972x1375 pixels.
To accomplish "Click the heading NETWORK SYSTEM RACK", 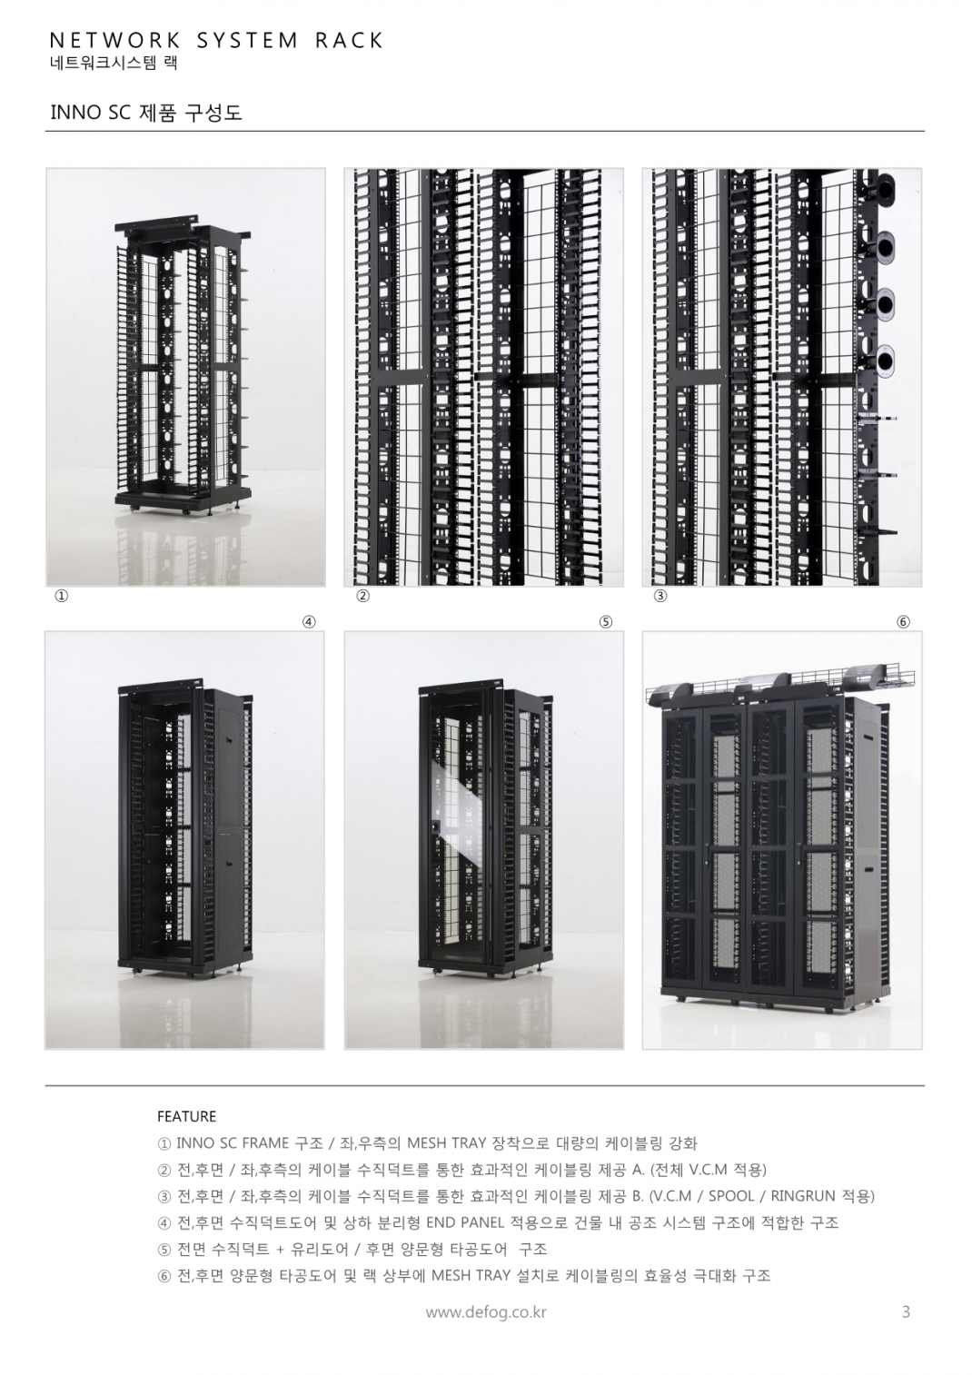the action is (x=216, y=41).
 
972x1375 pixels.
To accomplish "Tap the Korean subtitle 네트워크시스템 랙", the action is (x=114, y=64).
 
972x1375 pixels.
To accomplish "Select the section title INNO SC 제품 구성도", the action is (x=146, y=113).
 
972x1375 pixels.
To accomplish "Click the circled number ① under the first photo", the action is (x=62, y=596).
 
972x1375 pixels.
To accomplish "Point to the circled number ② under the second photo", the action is (x=362, y=596).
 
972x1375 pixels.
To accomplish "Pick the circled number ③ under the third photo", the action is (x=660, y=596).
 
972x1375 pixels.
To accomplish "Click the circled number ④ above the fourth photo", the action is (x=309, y=622).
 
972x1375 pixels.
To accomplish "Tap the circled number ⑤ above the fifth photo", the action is (x=606, y=622).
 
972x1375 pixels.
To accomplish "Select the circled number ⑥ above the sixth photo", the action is (x=903, y=622).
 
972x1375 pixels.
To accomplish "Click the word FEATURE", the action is (x=186, y=1116).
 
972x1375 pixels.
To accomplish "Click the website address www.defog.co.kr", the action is (x=486, y=1311).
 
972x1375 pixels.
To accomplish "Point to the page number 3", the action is (x=907, y=1311).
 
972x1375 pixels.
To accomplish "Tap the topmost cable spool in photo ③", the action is (x=886, y=184).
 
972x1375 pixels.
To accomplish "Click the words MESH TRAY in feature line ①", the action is (x=447, y=1143).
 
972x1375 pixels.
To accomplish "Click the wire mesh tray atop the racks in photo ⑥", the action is (x=779, y=678).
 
